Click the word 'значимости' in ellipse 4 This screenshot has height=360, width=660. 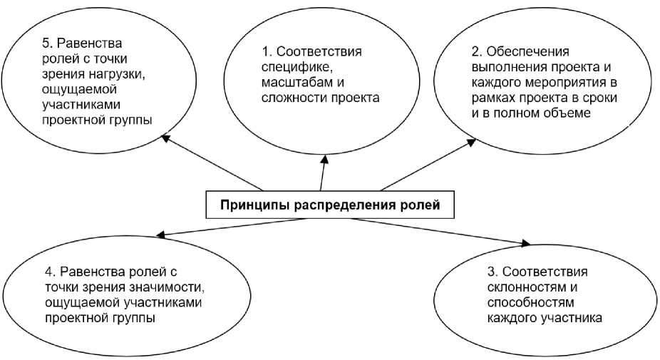(x=161, y=287)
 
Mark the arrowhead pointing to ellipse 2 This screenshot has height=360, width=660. (x=472, y=142)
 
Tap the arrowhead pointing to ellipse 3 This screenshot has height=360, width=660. (x=525, y=245)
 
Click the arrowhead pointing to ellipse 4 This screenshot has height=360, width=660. (x=161, y=235)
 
